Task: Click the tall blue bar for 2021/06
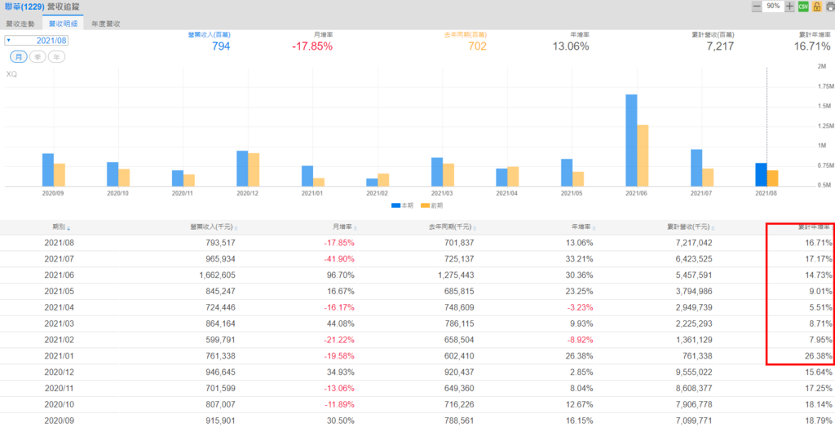point(631,140)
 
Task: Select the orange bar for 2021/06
point(643,156)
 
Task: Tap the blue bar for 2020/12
point(242,169)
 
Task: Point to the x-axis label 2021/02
point(378,194)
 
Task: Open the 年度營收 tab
point(106,24)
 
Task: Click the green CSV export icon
point(802,7)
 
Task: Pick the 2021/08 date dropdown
point(37,40)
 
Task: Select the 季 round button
point(37,57)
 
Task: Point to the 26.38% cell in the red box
point(817,356)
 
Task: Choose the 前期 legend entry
point(437,205)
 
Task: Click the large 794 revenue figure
point(221,46)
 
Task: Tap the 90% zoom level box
point(773,7)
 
